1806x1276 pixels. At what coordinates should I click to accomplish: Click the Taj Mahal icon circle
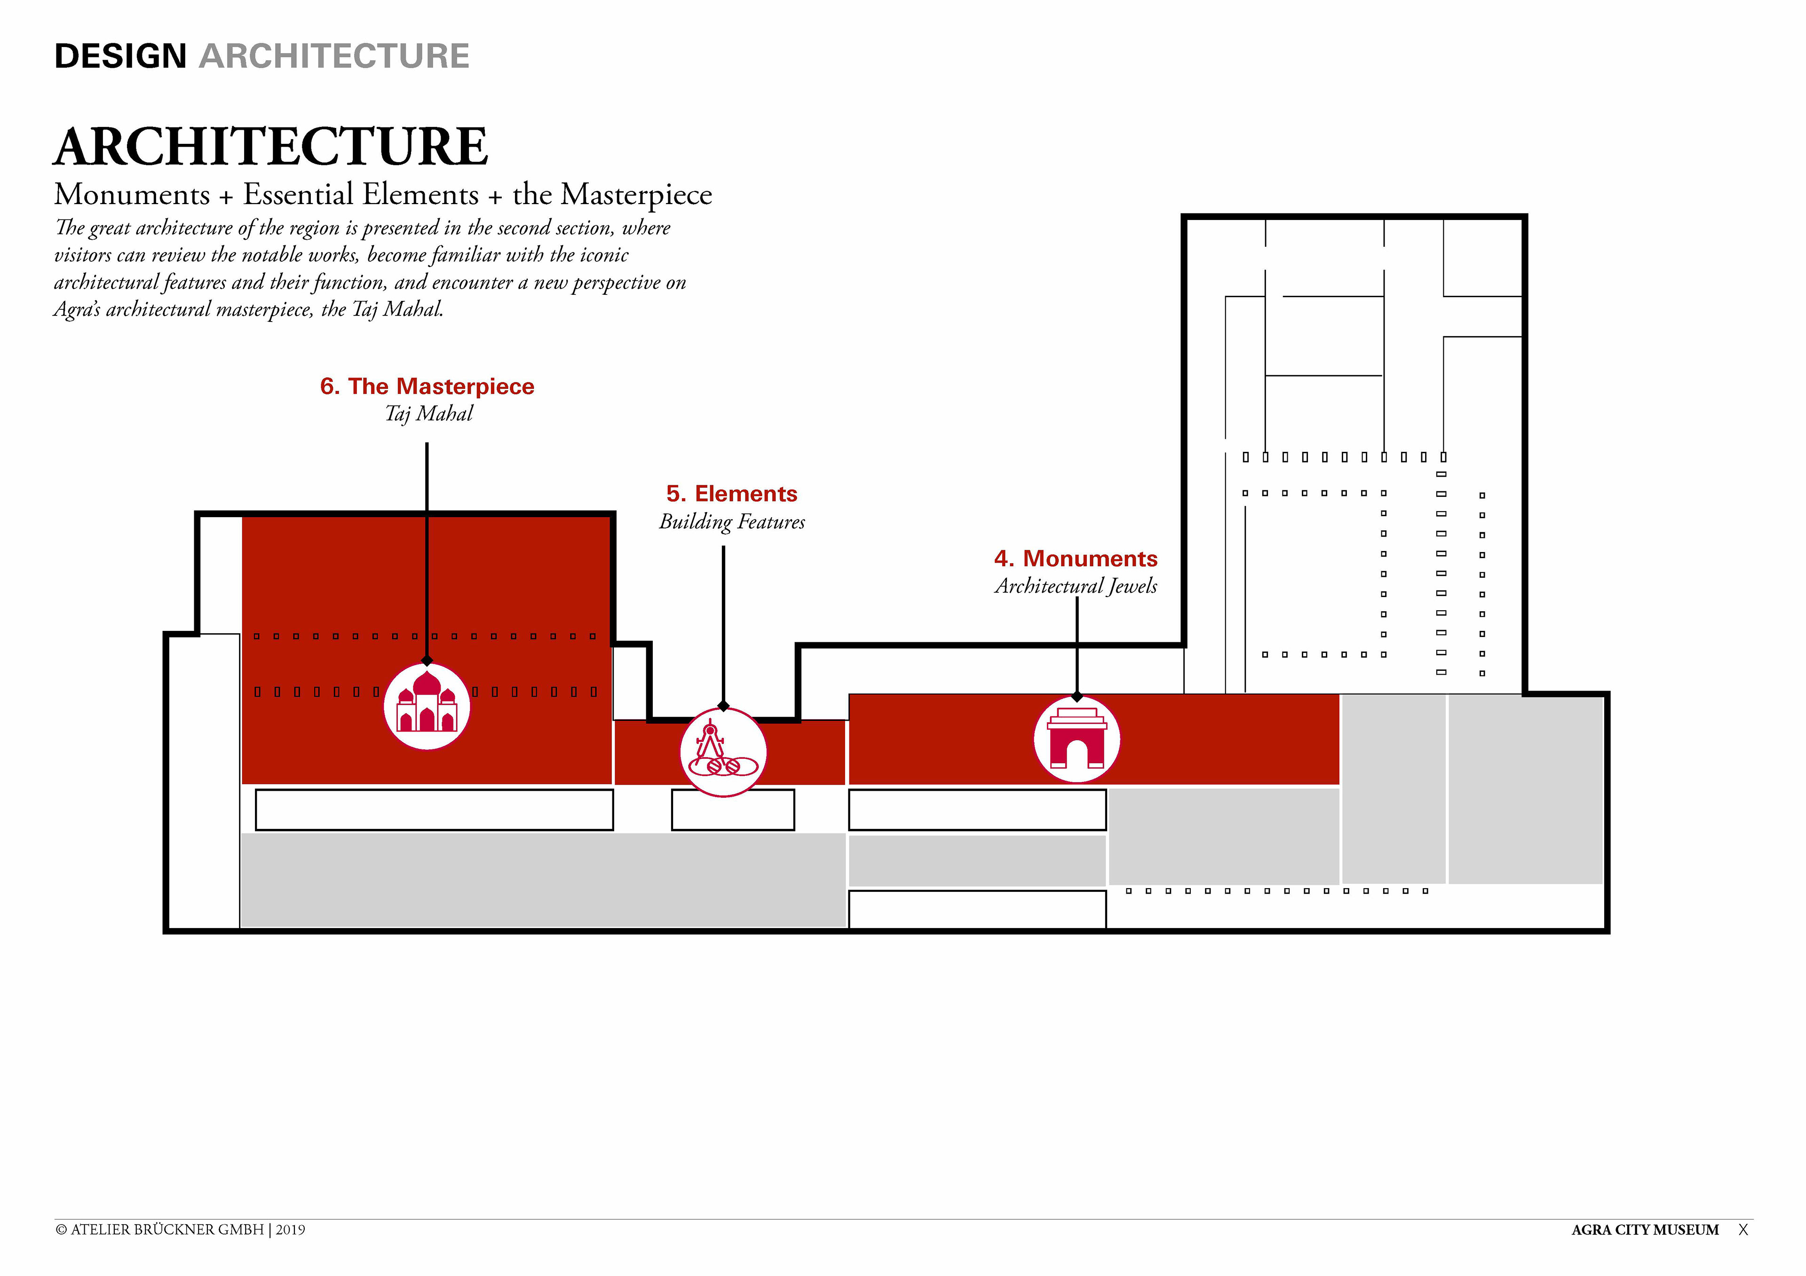pyautogui.click(x=426, y=706)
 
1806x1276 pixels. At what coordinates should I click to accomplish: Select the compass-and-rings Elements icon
pyautogui.click(x=723, y=752)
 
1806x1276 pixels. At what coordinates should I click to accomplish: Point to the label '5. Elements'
pyautogui.click(x=731, y=494)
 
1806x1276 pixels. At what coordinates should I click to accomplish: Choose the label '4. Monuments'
pyautogui.click(x=1075, y=558)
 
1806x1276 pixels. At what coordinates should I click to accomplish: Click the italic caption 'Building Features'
pyautogui.click(x=731, y=522)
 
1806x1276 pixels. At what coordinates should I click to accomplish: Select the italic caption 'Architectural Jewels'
pyautogui.click(x=1075, y=586)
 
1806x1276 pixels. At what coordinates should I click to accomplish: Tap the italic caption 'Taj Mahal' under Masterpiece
pyautogui.click(x=428, y=414)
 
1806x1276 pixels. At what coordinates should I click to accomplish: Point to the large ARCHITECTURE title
pyautogui.click(x=270, y=147)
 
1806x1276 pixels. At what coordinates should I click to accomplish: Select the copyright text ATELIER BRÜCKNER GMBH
pyautogui.click(x=167, y=1229)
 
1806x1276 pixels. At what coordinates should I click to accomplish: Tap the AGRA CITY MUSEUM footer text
pyautogui.click(x=1645, y=1229)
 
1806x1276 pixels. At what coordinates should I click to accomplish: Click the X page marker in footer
pyautogui.click(x=1743, y=1229)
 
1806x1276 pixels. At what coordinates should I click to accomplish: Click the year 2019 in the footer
pyautogui.click(x=290, y=1229)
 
